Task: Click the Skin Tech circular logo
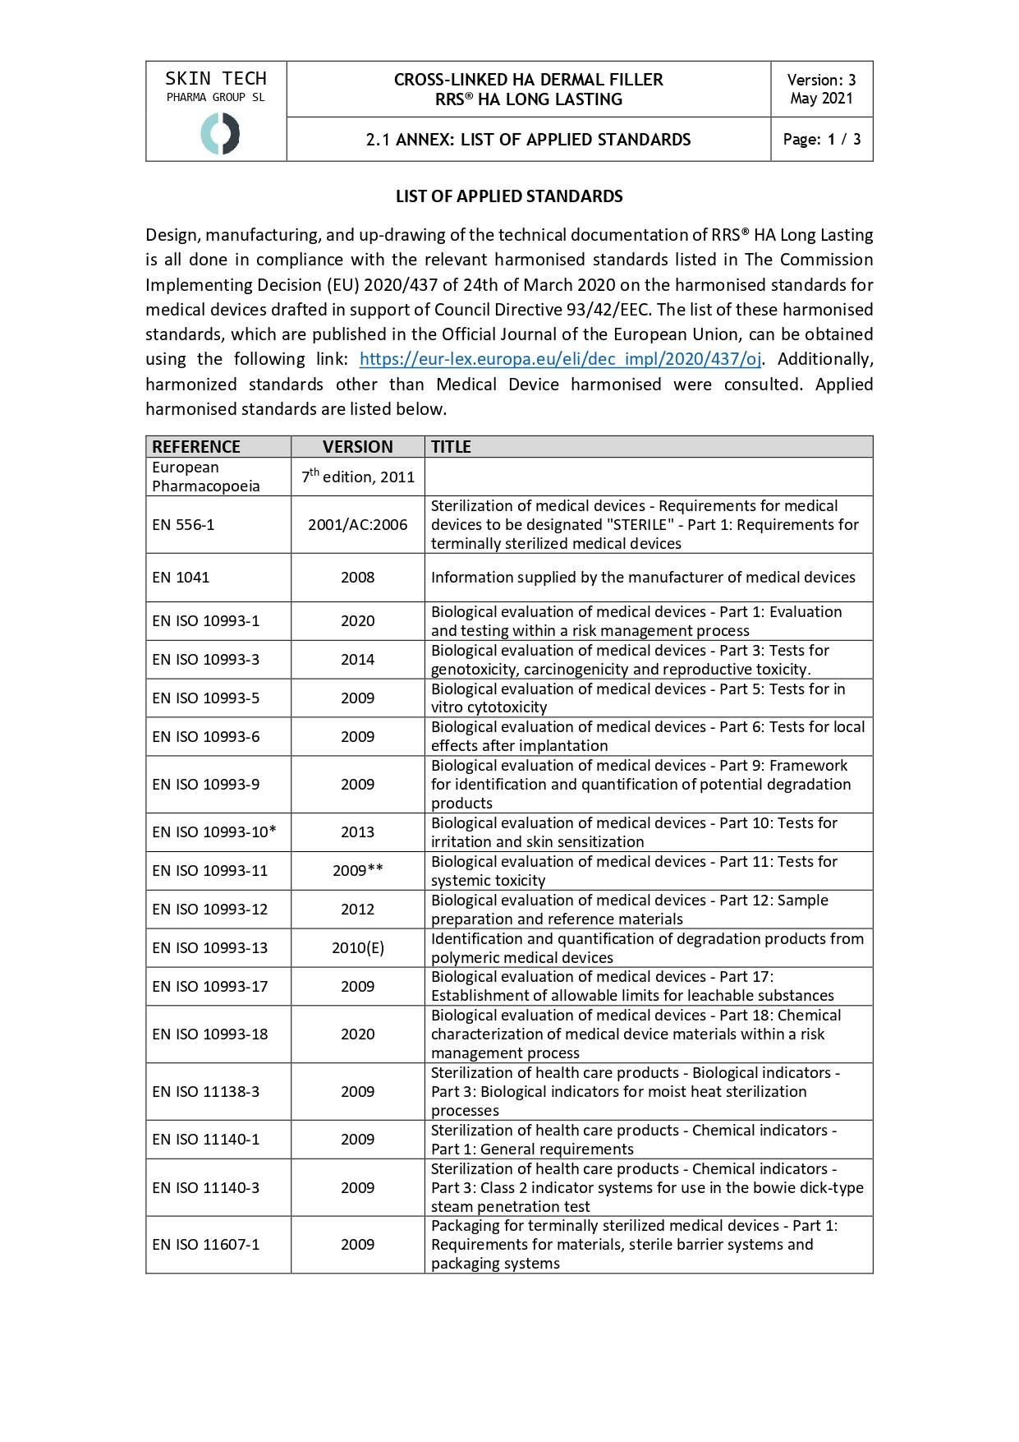(220, 134)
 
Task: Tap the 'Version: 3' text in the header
(821, 80)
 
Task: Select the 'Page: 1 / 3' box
(822, 140)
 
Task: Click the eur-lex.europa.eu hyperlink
(560, 359)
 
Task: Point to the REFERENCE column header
(196, 447)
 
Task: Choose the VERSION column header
(357, 447)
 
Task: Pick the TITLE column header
(451, 447)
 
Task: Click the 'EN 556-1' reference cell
(183, 525)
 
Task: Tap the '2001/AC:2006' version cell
(357, 525)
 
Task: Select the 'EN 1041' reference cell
(181, 578)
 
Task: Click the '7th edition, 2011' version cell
(358, 477)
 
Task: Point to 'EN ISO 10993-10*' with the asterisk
(214, 832)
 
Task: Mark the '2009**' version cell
(358, 871)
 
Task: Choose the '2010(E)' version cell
(358, 948)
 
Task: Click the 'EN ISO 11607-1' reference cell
(206, 1245)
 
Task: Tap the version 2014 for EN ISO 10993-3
(358, 660)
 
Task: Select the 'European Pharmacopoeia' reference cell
(206, 477)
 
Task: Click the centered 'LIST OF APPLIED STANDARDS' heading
(509, 196)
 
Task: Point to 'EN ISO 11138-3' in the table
(206, 1092)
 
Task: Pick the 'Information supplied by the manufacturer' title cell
(643, 578)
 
